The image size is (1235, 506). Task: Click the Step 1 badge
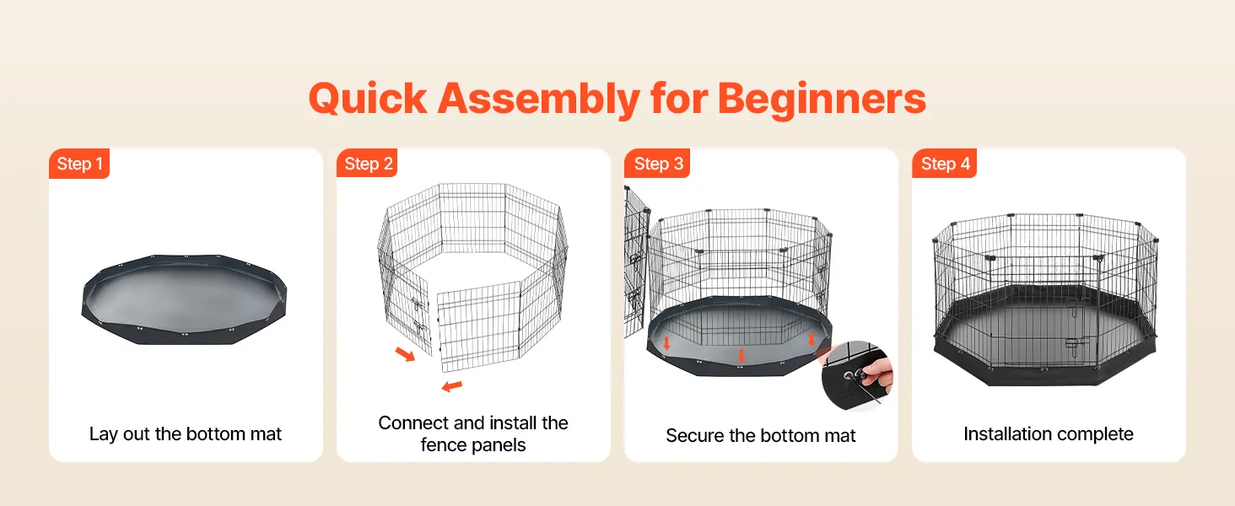pos(79,164)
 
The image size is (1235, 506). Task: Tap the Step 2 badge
pos(367,163)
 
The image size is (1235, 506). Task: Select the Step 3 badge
pos(657,163)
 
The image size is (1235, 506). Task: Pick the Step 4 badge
pos(945,163)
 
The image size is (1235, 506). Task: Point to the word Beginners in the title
pos(822,100)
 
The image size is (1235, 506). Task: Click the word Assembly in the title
pos(539,100)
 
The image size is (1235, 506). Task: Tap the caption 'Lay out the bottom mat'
pos(186,433)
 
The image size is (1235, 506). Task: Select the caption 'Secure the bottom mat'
pos(761,435)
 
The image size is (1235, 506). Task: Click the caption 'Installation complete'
pos(1049,433)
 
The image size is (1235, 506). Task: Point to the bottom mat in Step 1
pos(184,299)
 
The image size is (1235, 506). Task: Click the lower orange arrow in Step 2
pos(452,386)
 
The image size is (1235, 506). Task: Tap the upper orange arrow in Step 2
pos(405,354)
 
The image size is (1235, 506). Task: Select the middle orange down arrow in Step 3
pos(741,356)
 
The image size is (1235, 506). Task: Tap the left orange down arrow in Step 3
pos(666,343)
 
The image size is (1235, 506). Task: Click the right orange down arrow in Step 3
pos(811,338)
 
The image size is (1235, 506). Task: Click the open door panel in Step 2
pos(478,326)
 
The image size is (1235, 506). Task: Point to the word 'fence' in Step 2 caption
pos(444,444)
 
